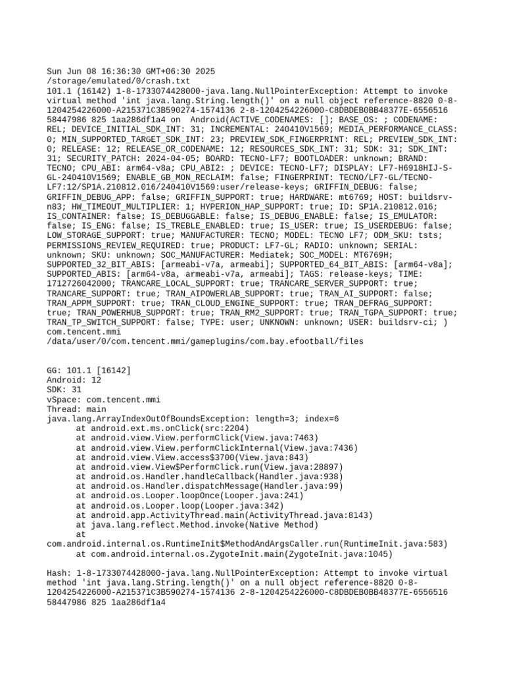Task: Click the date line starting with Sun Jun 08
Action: coord(131,71)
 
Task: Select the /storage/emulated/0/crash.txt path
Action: coord(118,81)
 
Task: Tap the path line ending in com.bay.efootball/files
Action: coord(204,341)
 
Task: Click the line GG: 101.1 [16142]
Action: coord(89,370)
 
